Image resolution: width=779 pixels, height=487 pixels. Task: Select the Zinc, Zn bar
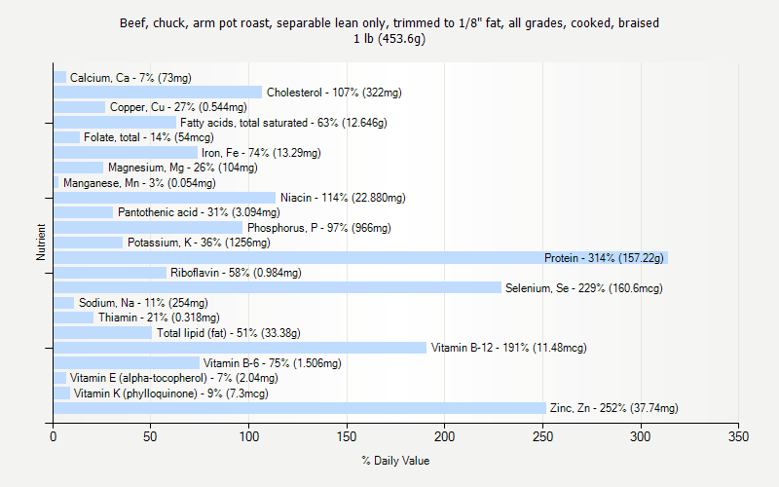tap(300, 408)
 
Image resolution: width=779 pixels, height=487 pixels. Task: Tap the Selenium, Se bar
tap(278, 287)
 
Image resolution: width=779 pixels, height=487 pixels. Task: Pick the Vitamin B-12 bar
tap(241, 348)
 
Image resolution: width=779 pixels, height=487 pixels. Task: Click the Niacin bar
tap(165, 198)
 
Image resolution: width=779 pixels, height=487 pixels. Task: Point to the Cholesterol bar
tap(158, 93)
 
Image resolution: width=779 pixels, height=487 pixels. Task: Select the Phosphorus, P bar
tap(148, 228)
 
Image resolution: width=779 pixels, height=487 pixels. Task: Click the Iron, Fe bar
tap(126, 153)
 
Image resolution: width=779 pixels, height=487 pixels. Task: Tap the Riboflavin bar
tap(110, 273)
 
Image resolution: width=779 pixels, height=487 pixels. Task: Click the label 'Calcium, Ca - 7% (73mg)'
tap(130, 78)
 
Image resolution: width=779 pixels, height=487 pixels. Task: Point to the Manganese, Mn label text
tap(139, 183)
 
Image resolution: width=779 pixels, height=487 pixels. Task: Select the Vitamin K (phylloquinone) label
tap(170, 393)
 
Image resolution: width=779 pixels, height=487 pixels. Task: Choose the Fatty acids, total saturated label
tap(283, 123)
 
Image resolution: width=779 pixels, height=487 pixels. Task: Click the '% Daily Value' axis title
tap(395, 461)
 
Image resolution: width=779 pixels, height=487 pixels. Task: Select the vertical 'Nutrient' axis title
tap(41, 243)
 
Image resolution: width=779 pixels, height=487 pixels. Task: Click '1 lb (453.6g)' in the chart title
tap(389, 39)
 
